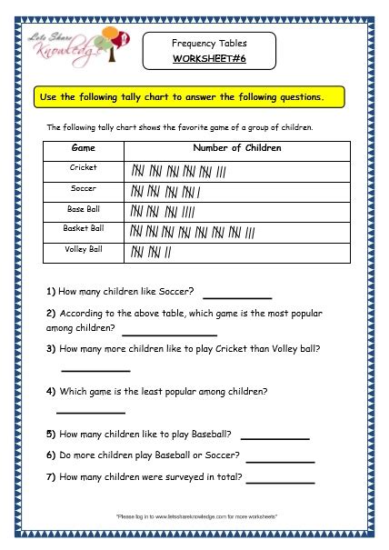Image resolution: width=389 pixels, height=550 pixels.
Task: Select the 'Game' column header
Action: (83, 148)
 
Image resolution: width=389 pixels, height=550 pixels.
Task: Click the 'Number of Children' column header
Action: (237, 148)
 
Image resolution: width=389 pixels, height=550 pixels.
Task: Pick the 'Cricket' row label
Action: (83, 168)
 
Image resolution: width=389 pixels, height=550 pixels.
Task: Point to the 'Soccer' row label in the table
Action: (83, 189)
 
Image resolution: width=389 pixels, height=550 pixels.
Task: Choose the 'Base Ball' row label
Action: (83, 209)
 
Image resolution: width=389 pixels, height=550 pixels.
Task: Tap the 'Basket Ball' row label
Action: (83, 229)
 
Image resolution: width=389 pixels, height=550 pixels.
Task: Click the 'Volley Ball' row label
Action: (83, 249)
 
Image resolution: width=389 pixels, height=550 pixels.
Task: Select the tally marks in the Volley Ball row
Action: (151, 251)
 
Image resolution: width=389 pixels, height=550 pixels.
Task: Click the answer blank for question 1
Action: (237, 296)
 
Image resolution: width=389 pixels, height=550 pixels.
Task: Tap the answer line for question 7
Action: (280, 482)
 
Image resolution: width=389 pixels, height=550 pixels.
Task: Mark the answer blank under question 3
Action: (95, 369)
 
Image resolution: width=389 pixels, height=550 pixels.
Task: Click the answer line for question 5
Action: (274, 438)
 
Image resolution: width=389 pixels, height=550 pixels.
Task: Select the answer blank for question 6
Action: (280, 461)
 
